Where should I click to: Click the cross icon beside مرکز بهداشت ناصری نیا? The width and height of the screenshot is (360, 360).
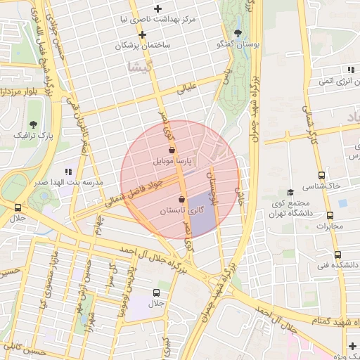[x=158, y=8]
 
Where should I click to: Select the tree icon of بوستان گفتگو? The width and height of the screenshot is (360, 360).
[x=239, y=33]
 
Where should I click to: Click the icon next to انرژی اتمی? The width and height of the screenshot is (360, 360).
[x=350, y=70]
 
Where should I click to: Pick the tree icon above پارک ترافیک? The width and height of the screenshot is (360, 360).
[x=33, y=124]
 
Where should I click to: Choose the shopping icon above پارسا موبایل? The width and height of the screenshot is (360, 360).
[x=173, y=150]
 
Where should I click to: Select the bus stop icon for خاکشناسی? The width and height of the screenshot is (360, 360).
[x=322, y=175]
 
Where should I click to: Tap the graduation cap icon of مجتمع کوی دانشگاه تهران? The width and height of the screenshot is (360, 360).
[x=290, y=192]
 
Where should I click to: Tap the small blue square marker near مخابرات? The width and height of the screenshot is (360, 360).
[x=343, y=203]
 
